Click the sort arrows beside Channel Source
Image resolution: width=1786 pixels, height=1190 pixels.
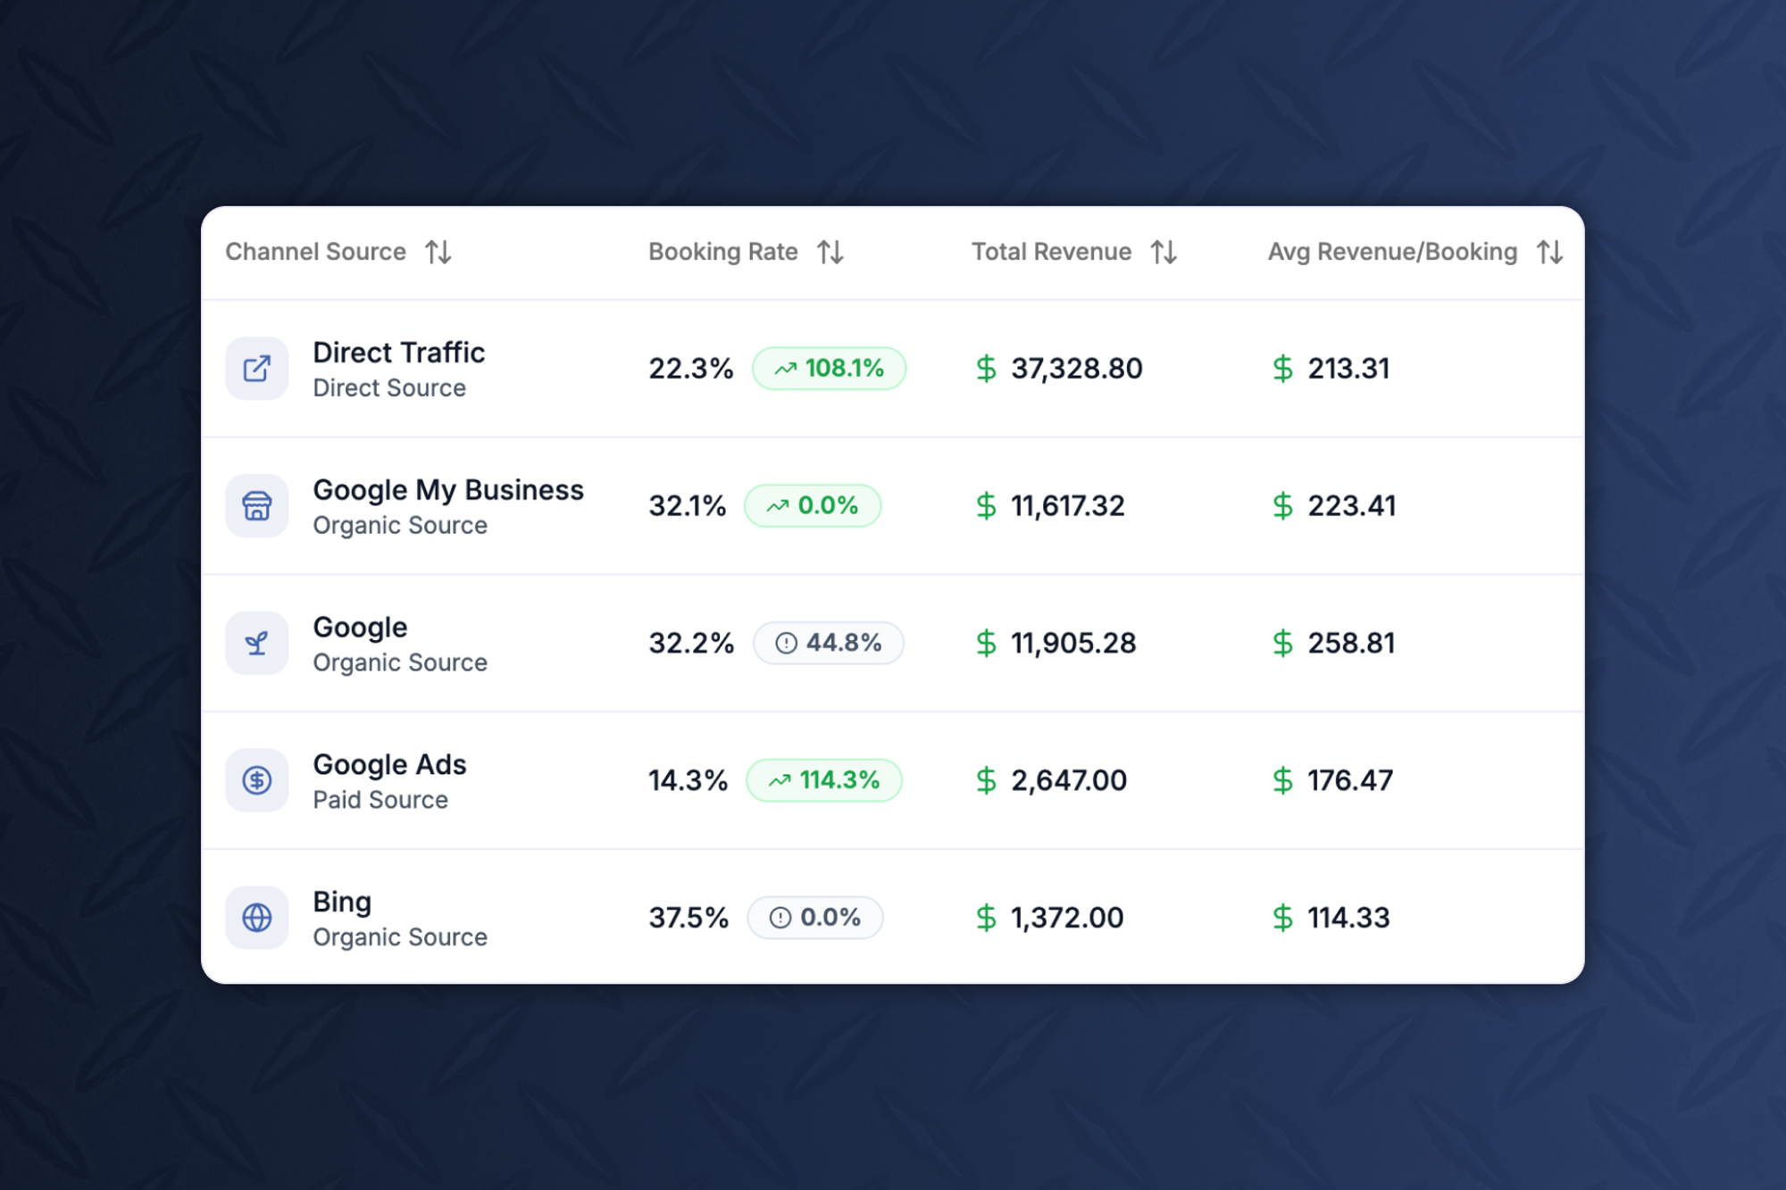click(438, 253)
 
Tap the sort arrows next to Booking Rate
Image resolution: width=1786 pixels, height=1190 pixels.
click(830, 253)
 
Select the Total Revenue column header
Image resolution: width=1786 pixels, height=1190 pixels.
click(1051, 253)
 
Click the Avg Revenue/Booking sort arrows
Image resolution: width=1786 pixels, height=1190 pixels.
click(1549, 253)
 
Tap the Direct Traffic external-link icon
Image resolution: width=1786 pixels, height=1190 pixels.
click(257, 369)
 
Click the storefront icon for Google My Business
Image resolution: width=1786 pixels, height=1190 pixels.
click(257, 506)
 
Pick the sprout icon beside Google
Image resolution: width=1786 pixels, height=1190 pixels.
click(257, 644)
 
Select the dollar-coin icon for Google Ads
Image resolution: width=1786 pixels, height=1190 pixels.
click(257, 780)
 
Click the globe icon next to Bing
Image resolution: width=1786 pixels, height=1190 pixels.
click(257, 918)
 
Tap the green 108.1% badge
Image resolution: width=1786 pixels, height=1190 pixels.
click(829, 369)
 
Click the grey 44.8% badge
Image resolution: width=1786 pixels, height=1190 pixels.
click(829, 644)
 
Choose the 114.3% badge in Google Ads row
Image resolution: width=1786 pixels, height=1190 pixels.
click(824, 780)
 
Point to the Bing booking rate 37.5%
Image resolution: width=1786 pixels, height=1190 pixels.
click(689, 918)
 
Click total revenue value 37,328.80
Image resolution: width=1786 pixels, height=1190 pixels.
click(1076, 369)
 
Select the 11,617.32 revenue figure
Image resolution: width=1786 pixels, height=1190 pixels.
click(1067, 506)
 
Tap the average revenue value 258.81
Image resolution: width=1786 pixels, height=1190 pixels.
click(1351, 644)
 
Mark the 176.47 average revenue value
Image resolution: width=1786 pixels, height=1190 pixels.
click(1350, 780)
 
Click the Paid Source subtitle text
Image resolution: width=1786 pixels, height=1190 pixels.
click(380, 800)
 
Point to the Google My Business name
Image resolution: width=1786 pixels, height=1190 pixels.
click(448, 490)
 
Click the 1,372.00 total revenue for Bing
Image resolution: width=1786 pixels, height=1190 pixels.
click(1067, 918)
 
